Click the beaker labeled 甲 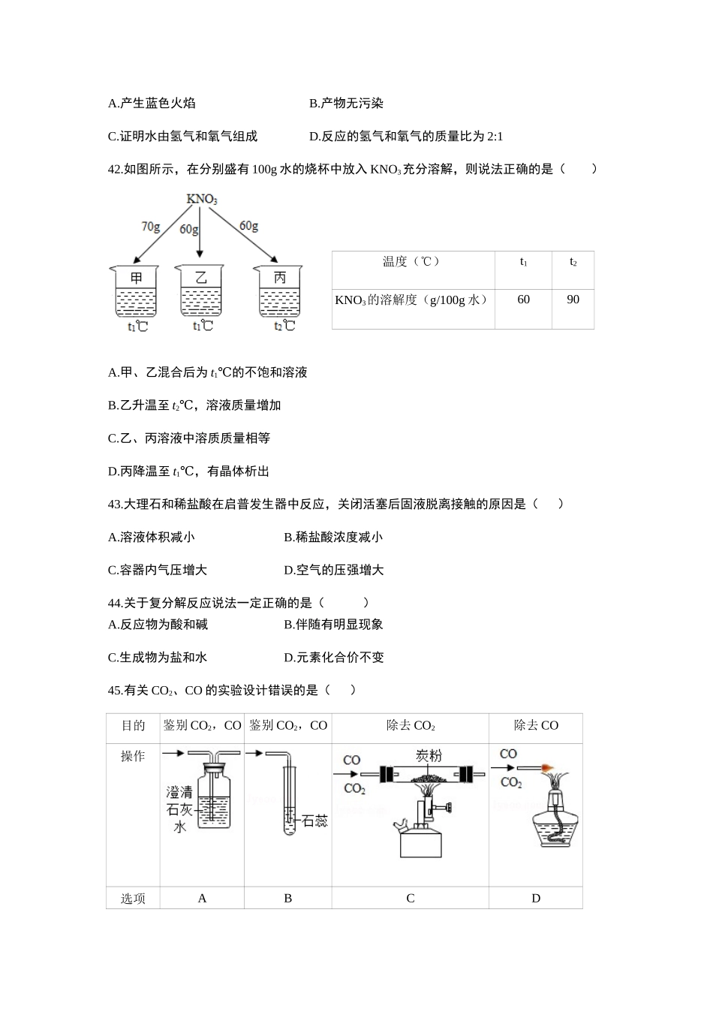tap(136, 291)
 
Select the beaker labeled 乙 tap(200, 291)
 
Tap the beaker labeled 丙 tap(279, 291)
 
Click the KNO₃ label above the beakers tap(201, 200)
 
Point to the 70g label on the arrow tap(150, 226)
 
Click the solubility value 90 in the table tap(573, 300)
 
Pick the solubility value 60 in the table tap(523, 300)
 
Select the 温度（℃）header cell tap(411, 261)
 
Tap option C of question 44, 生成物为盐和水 tap(158, 658)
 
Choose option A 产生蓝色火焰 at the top tap(152, 104)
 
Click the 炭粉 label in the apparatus tap(429, 755)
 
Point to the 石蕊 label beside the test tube tap(314, 821)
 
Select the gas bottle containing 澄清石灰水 tap(215, 797)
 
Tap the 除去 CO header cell tap(536, 725)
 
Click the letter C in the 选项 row tap(410, 898)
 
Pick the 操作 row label tap(133, 757)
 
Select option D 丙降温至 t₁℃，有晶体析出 tap(188, 471)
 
